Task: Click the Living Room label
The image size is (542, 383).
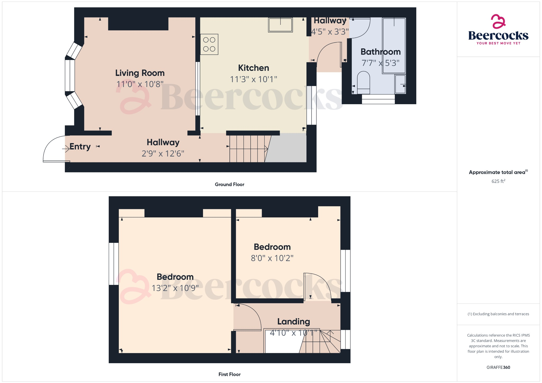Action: point(140,73)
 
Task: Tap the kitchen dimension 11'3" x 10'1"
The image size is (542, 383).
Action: point(253,79)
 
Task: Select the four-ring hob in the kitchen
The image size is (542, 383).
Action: point(209,44)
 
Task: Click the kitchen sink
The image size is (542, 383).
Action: point(280,25)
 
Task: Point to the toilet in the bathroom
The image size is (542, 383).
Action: point(363,82)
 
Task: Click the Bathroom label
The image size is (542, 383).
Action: point(380,52)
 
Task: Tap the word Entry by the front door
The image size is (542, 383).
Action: point(80,147)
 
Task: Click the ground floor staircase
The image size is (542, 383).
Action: point(247,149)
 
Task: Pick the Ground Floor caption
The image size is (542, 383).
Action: point(229,184)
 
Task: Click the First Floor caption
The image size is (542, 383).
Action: point(229,374)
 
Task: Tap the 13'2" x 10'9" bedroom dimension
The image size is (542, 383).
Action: point(175,288)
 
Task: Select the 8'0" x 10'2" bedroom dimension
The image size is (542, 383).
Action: point(272,258)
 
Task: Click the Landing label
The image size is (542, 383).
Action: point(293,321)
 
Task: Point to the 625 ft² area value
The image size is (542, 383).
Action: point(498,181)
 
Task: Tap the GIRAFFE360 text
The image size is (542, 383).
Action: point(498,367)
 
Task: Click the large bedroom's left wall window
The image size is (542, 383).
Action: point(114,264)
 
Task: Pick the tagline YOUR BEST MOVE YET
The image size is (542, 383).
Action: point(498,43)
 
